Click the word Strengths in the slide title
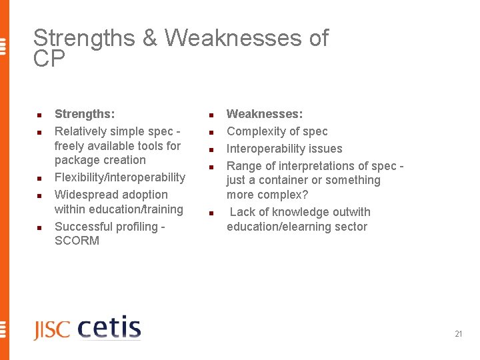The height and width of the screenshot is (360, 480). click(x=84, y=39)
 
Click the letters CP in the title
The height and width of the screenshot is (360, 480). click(x=49, y=59)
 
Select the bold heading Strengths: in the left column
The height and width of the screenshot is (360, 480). click(x=84, y=114)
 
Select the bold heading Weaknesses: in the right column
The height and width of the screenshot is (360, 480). click(x=265, y=114)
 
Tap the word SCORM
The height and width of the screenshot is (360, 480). click(x=77, y=241)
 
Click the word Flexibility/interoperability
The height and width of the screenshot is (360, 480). click(x=120, y=177)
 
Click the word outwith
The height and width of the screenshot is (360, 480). click(x=348, y=212)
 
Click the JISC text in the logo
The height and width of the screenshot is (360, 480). click(x=52, y=330)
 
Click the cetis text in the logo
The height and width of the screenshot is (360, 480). click(x=109, y=328)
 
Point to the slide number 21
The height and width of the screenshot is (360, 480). click(x=458, y=334)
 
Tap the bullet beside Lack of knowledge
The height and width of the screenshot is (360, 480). click(x=210, y=213)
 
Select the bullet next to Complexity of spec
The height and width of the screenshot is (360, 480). click(x=210, y=133)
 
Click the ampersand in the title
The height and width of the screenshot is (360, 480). click(x=150, y=39)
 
